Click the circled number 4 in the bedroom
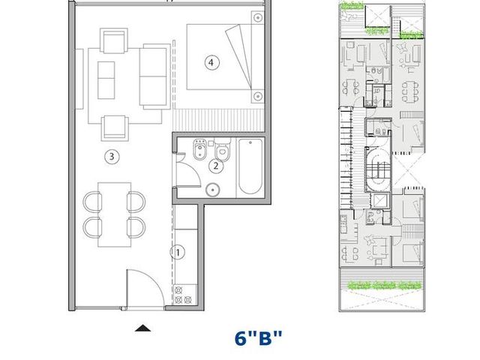[211, 63]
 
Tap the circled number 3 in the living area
[112, 157]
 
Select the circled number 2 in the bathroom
[216, 166]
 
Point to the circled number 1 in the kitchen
[178, 253]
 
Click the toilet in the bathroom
[223, 149]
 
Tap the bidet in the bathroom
[200, 149]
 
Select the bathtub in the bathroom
[250, 166]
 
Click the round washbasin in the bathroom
[213, 190]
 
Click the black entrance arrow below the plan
[142, 328]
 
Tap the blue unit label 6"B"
[258, 338]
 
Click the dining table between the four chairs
[115, 214]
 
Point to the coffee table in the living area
[106, 80]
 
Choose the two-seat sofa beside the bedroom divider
[155, 76]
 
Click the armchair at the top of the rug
[114, 41]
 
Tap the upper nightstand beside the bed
[258, 18]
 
